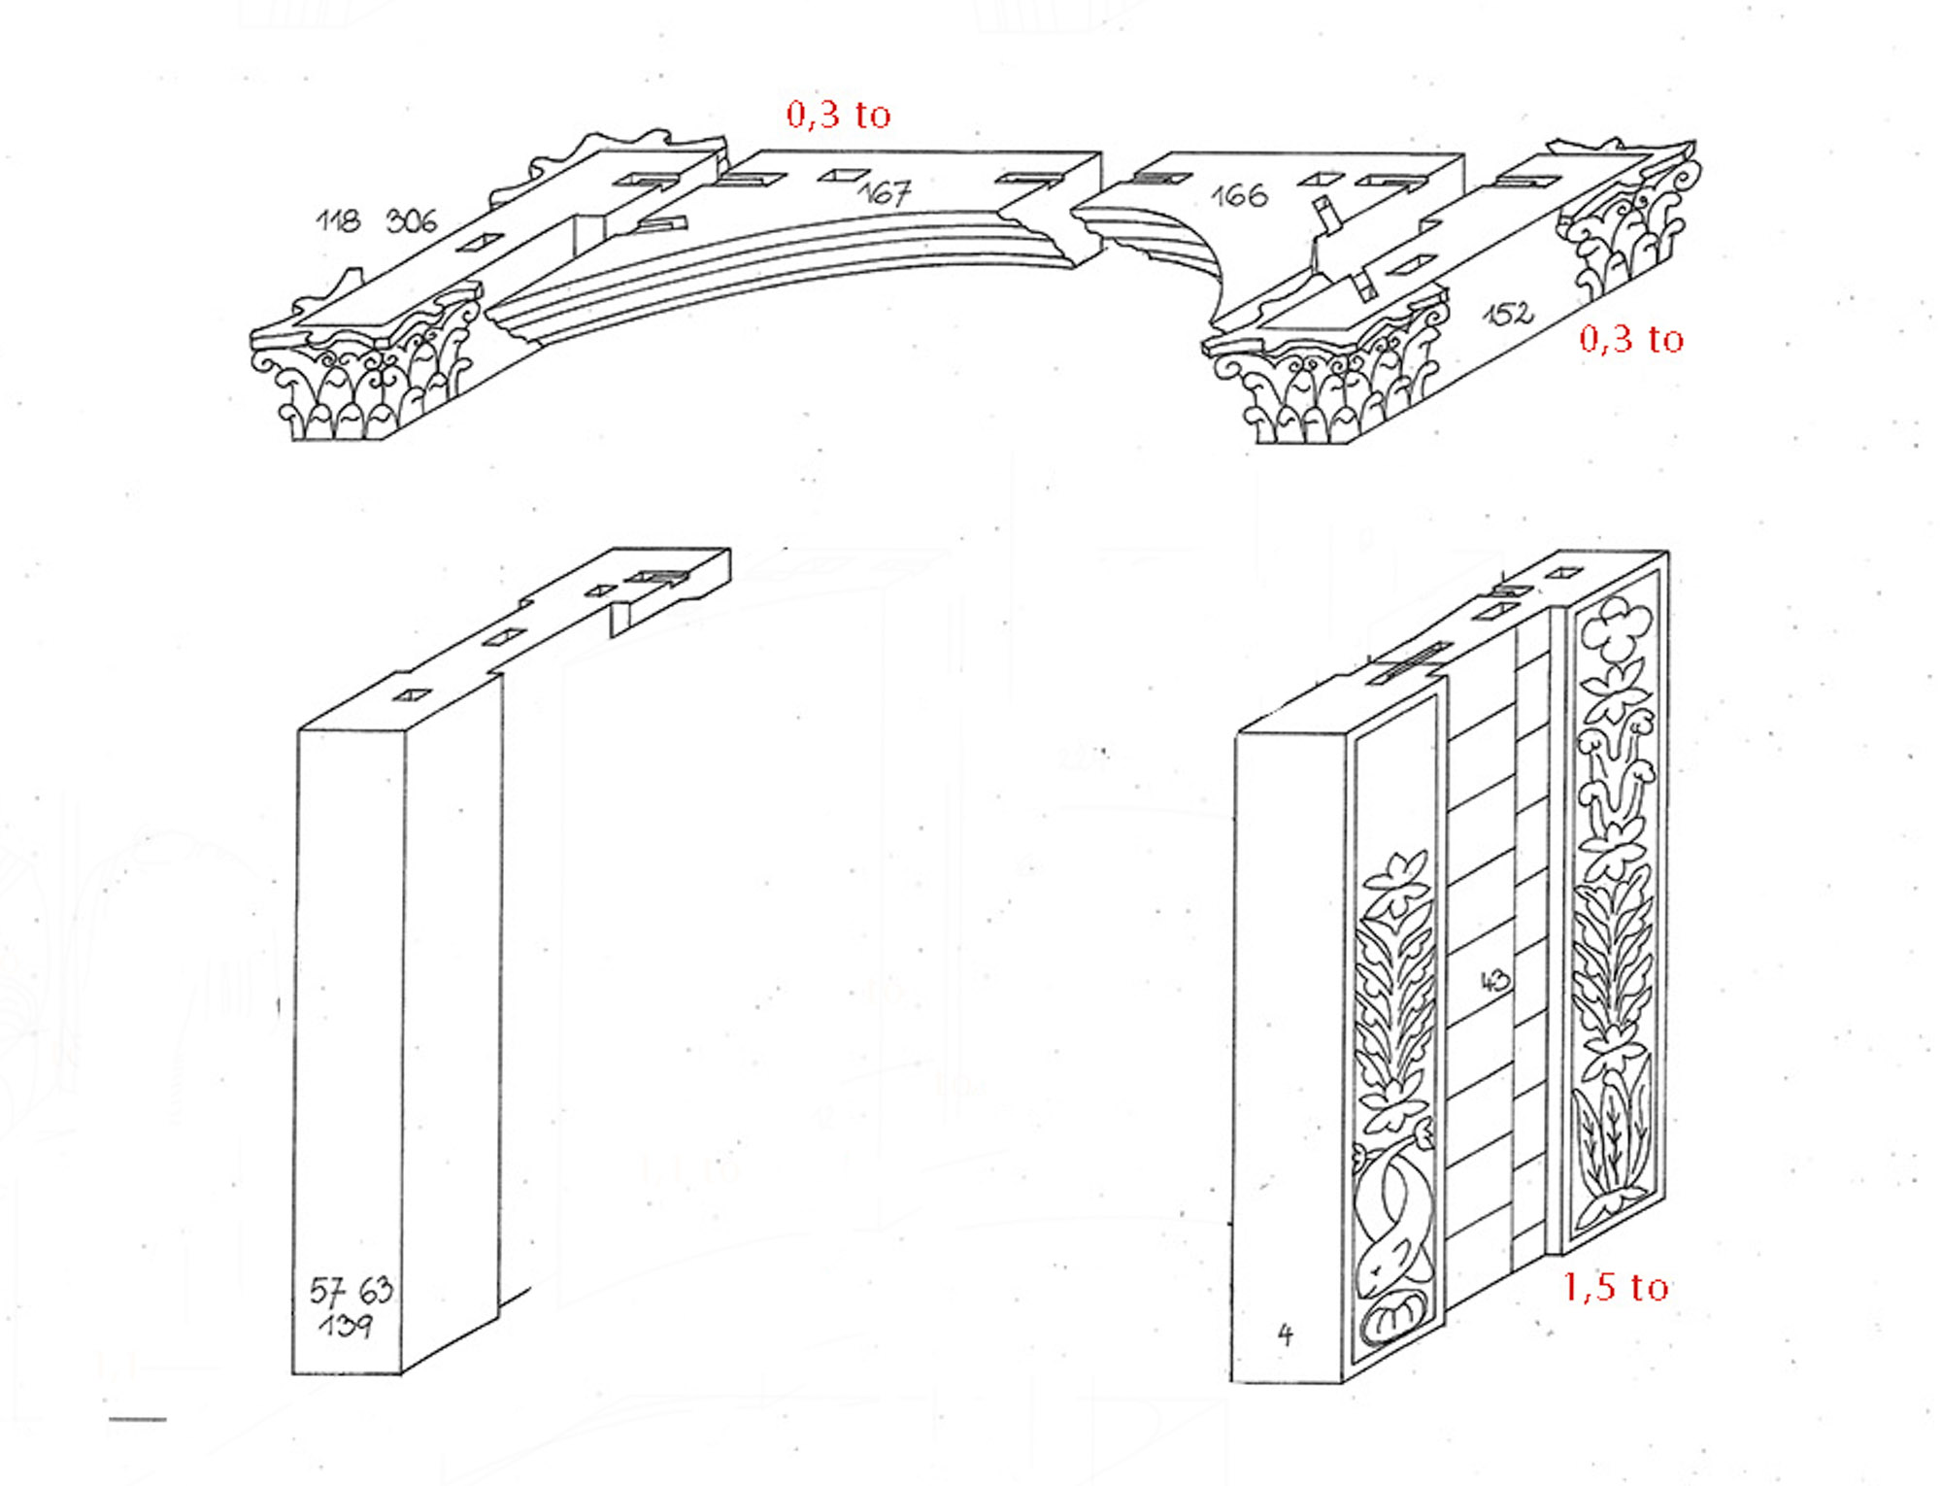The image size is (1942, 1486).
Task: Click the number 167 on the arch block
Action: pos(885,192)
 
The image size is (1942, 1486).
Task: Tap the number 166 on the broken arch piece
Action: pos(1239,195)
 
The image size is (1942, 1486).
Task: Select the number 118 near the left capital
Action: pos(338,220)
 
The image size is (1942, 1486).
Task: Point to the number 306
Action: pos(412,221)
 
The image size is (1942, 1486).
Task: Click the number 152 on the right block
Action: pos(1508,313)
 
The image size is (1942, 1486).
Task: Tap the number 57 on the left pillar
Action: pos(327,1291)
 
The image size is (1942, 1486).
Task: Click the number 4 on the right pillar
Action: pos(1286,1334)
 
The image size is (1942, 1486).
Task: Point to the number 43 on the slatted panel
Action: pos(1495,981)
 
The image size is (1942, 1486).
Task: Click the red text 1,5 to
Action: pos(1616,1287)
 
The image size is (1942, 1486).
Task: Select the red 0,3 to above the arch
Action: pos(839,115)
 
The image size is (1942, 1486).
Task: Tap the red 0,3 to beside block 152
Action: pos(1631,338)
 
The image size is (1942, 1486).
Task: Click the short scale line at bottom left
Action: pos(138,1420)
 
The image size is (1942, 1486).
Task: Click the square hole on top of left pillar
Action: pos(414,695)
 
